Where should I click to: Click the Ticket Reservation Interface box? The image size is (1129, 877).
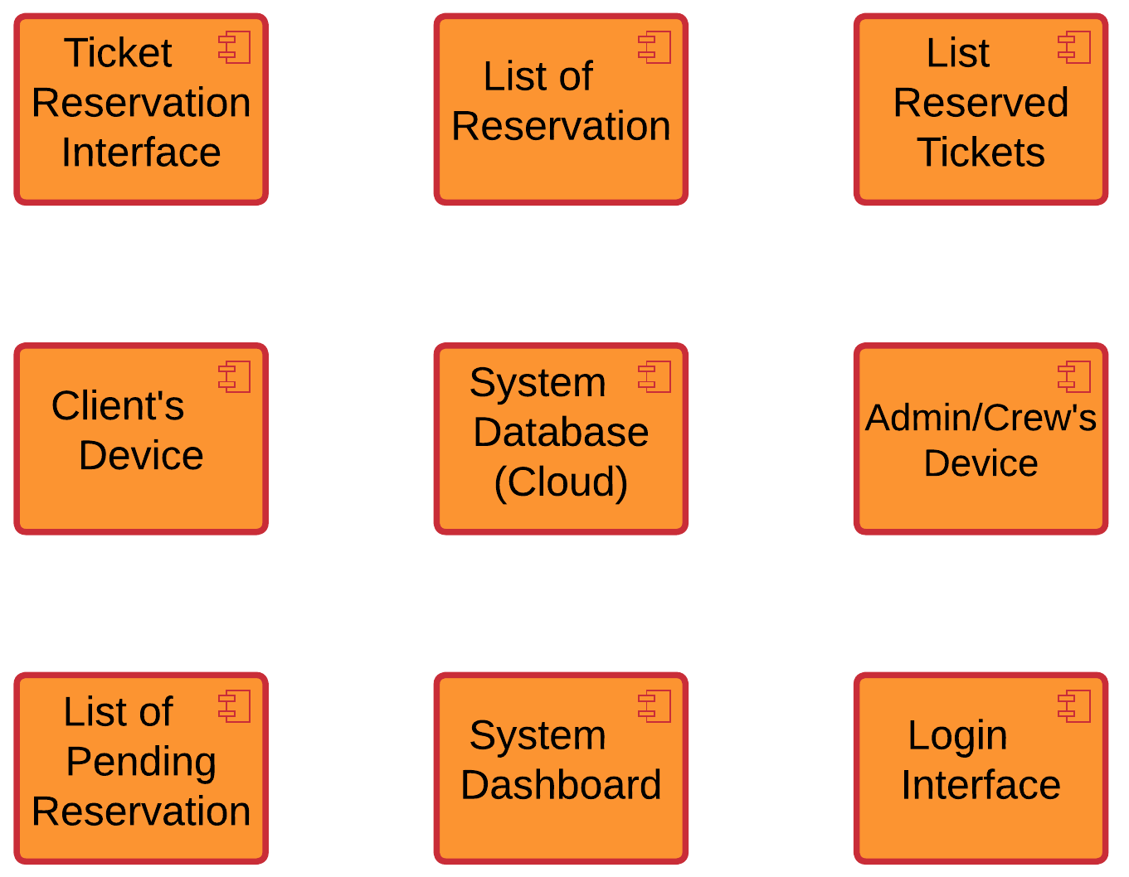(141, 109)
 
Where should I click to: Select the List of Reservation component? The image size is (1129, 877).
(561, 109)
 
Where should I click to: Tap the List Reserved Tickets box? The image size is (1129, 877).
(981, 109)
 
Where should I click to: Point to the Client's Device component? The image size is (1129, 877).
(141, 438)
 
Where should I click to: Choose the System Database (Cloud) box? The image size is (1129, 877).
(561, 438)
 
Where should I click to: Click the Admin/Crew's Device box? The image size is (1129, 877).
(981, 438)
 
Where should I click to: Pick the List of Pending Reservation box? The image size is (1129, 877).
(141, 768)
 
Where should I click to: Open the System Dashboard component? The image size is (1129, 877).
(561, 768)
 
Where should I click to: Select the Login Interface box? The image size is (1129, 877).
(981, 768)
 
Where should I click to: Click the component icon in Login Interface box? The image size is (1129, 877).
(1074, 706)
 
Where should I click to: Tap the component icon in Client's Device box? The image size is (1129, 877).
(235, 377)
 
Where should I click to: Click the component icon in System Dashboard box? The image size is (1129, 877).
(655, 706)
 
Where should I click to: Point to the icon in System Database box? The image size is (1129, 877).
(655, 377)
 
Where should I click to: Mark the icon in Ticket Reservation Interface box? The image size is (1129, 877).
(235, 48)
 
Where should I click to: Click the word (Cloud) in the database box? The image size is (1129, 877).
(561, 482)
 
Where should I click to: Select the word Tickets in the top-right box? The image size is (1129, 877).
(981, 153)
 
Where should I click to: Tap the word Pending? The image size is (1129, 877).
(141, 762)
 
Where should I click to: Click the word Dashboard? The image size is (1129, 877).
(561, 785)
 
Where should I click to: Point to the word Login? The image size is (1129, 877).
(957, 735)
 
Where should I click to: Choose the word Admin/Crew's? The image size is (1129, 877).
(981, 418)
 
